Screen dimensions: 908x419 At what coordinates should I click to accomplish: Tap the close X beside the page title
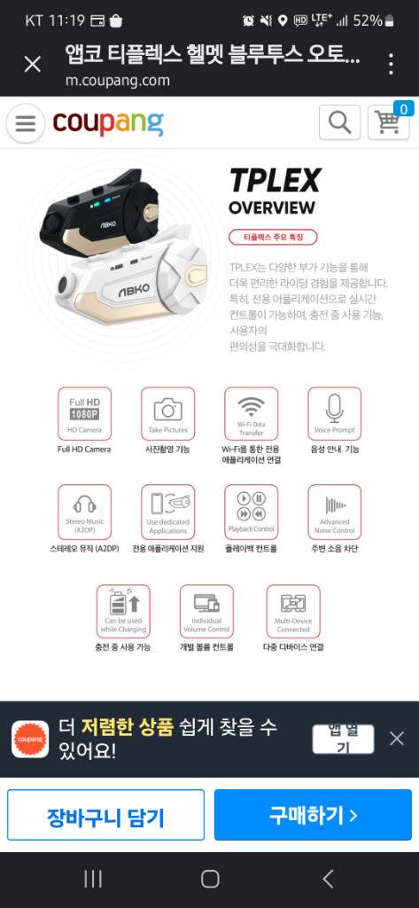pyautogui.click(x=32, y=64)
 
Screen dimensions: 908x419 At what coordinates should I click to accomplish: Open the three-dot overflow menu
pyautogui.click(x=391, y=64)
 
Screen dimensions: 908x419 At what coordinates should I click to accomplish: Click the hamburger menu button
pyautogui.click(x=26, y=123)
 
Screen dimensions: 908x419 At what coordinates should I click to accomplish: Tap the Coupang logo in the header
pyautogui.click(x=107, y=122)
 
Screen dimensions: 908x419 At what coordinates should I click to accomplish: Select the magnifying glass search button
pyautogui.click(x=339, y=122)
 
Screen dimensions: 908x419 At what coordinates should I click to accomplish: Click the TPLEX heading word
pyautogui.click(x=275, y=181)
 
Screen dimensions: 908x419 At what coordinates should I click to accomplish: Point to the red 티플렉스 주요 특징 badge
pyautogui.click(x=273, y=237)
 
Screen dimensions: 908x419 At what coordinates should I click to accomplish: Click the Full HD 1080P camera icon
pyautogui.click(x=84, y=413)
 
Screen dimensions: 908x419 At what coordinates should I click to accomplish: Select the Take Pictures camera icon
pyautogui.click(x=167, y=413)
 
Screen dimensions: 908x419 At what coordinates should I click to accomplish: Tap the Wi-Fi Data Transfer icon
pyautogui.click(x=251, y=413)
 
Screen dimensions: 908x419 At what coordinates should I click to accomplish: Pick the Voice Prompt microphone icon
pyautogui.click(x=334, y=413)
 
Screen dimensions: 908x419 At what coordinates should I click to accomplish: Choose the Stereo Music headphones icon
pyautogui.click(x=84, y=512)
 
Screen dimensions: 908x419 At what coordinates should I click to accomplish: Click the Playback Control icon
pyautogui.click(x=251, y=512)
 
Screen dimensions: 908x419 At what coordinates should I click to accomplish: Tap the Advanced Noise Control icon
pyautogui.click(x=334, y=512)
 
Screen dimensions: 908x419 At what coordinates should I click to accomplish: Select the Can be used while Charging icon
pyautogui.click(x=123, y=611)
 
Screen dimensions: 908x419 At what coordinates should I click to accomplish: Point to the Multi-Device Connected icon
pyautogui.click(x=293, y=611)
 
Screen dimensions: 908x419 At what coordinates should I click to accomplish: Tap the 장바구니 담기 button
pyautogui.click(x=105, y=816)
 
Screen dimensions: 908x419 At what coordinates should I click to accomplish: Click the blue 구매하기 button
pyautogui.click(x=313, y=815)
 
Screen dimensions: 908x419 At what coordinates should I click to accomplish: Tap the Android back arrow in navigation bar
pyautogui.click(x=328, y=879)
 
